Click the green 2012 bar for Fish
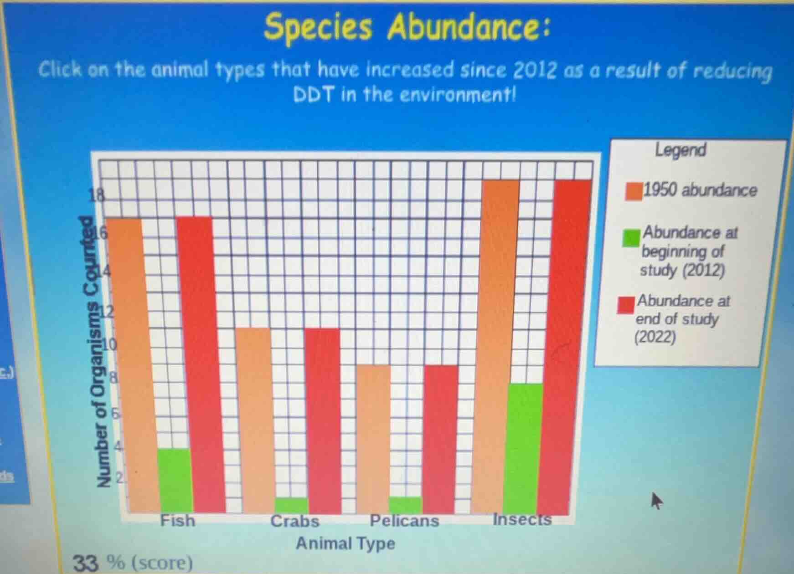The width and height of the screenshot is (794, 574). coord(175,481)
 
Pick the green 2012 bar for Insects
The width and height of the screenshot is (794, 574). coord(524,449)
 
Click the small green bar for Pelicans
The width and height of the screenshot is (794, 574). coord(406,504)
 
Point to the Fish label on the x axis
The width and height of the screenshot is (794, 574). coord(177,521)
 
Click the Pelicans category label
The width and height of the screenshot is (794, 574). coord(404,521)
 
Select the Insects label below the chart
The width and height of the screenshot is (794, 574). coord(522,519)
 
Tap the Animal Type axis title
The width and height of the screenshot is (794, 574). coord(345,543)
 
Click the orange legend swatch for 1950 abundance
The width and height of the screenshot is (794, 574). coord(634,191)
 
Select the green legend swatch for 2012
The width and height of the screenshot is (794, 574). coord(631,238)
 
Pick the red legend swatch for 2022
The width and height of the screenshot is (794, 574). coord(625,305)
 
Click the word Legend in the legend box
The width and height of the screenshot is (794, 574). coord(680,150)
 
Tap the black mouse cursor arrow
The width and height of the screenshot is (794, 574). coord(656,500)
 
